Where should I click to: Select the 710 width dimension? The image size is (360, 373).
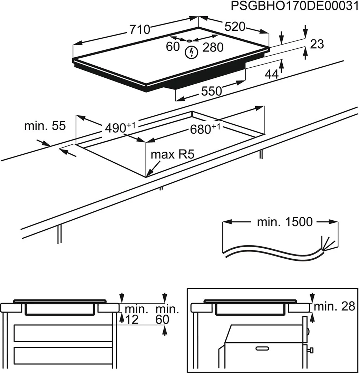[x=140, y=30]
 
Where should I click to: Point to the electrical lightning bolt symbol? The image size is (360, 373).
[x=191, y=52]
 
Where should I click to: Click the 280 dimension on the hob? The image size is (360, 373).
[x=213, y=47]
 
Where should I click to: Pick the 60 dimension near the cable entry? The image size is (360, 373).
[x=173, y=46]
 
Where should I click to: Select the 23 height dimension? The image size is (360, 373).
[x=317, y=44]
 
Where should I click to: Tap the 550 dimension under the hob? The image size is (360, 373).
[x=211, y=91]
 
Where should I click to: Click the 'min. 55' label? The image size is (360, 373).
[x=45, y=126]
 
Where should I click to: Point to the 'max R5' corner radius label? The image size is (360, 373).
[x=172, y=154]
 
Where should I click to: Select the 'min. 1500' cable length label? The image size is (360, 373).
[x=284, y=222]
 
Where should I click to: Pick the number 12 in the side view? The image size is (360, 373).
[x=132, y=319]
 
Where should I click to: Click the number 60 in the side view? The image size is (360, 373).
[x=163, y=319]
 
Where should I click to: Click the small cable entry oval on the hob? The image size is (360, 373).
[x=189, y=41]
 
